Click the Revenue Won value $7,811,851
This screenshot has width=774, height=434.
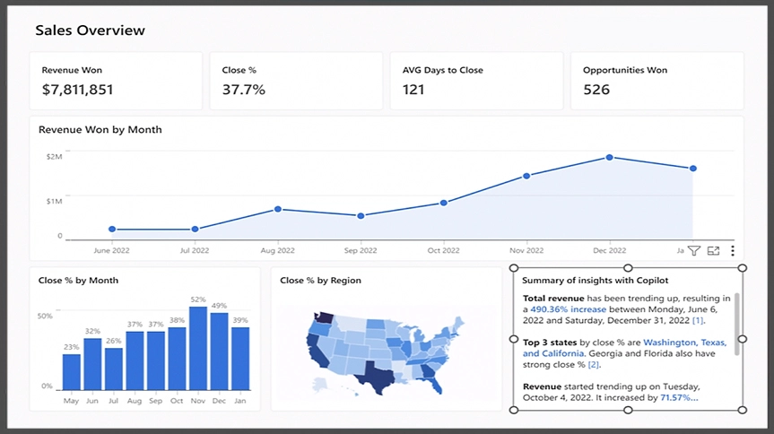point(77,90)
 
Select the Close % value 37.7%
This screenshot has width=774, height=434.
point(243,90)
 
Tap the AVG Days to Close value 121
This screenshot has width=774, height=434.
point(413,90)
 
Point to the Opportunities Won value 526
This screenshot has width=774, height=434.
point(596,90)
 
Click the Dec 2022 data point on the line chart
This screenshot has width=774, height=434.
point(609,157)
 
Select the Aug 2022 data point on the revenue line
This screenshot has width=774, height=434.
point(278,209)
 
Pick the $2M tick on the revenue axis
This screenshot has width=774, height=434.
point(54,157)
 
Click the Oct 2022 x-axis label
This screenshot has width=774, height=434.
point(443,250)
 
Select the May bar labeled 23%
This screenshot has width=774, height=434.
point(72,371)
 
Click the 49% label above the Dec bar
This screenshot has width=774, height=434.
point(219,306)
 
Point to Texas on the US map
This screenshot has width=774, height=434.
point(371,371)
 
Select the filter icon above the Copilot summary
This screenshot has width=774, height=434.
point(693,251)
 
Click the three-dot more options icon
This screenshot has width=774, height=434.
point(733,251)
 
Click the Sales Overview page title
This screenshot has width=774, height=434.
point(90,30)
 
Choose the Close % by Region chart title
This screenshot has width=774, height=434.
point(320,281)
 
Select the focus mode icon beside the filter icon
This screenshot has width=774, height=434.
point(713,251)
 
